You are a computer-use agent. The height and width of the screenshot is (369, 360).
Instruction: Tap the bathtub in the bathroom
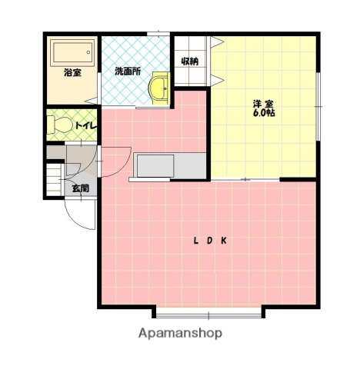(x=71, y=54)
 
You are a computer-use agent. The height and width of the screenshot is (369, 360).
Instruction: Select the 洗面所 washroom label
(x=127, y=71)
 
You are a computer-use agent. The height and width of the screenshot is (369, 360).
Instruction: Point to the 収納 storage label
(x=190, y=61)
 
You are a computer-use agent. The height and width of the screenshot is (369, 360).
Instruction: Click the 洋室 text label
(x=263, y=104)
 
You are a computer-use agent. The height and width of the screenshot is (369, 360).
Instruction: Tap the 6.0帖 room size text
(x=263, y=114)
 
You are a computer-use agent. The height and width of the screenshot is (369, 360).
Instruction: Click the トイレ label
(x=84, y=125)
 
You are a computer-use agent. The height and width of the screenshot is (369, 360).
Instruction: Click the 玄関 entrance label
(x=80, y=187)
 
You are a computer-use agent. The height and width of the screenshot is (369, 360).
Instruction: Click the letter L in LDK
(x=195, y=241)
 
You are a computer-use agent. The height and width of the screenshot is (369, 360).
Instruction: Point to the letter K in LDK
(x=224, y=241)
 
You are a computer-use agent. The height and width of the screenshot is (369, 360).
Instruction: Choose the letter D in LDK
(x=209, y=241)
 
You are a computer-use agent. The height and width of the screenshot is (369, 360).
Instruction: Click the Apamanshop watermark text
(x=180, y=333)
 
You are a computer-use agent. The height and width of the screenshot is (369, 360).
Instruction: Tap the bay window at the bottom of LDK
(x=209, y=312)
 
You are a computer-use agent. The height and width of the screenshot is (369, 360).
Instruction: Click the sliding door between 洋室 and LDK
(x=245, y=179)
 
